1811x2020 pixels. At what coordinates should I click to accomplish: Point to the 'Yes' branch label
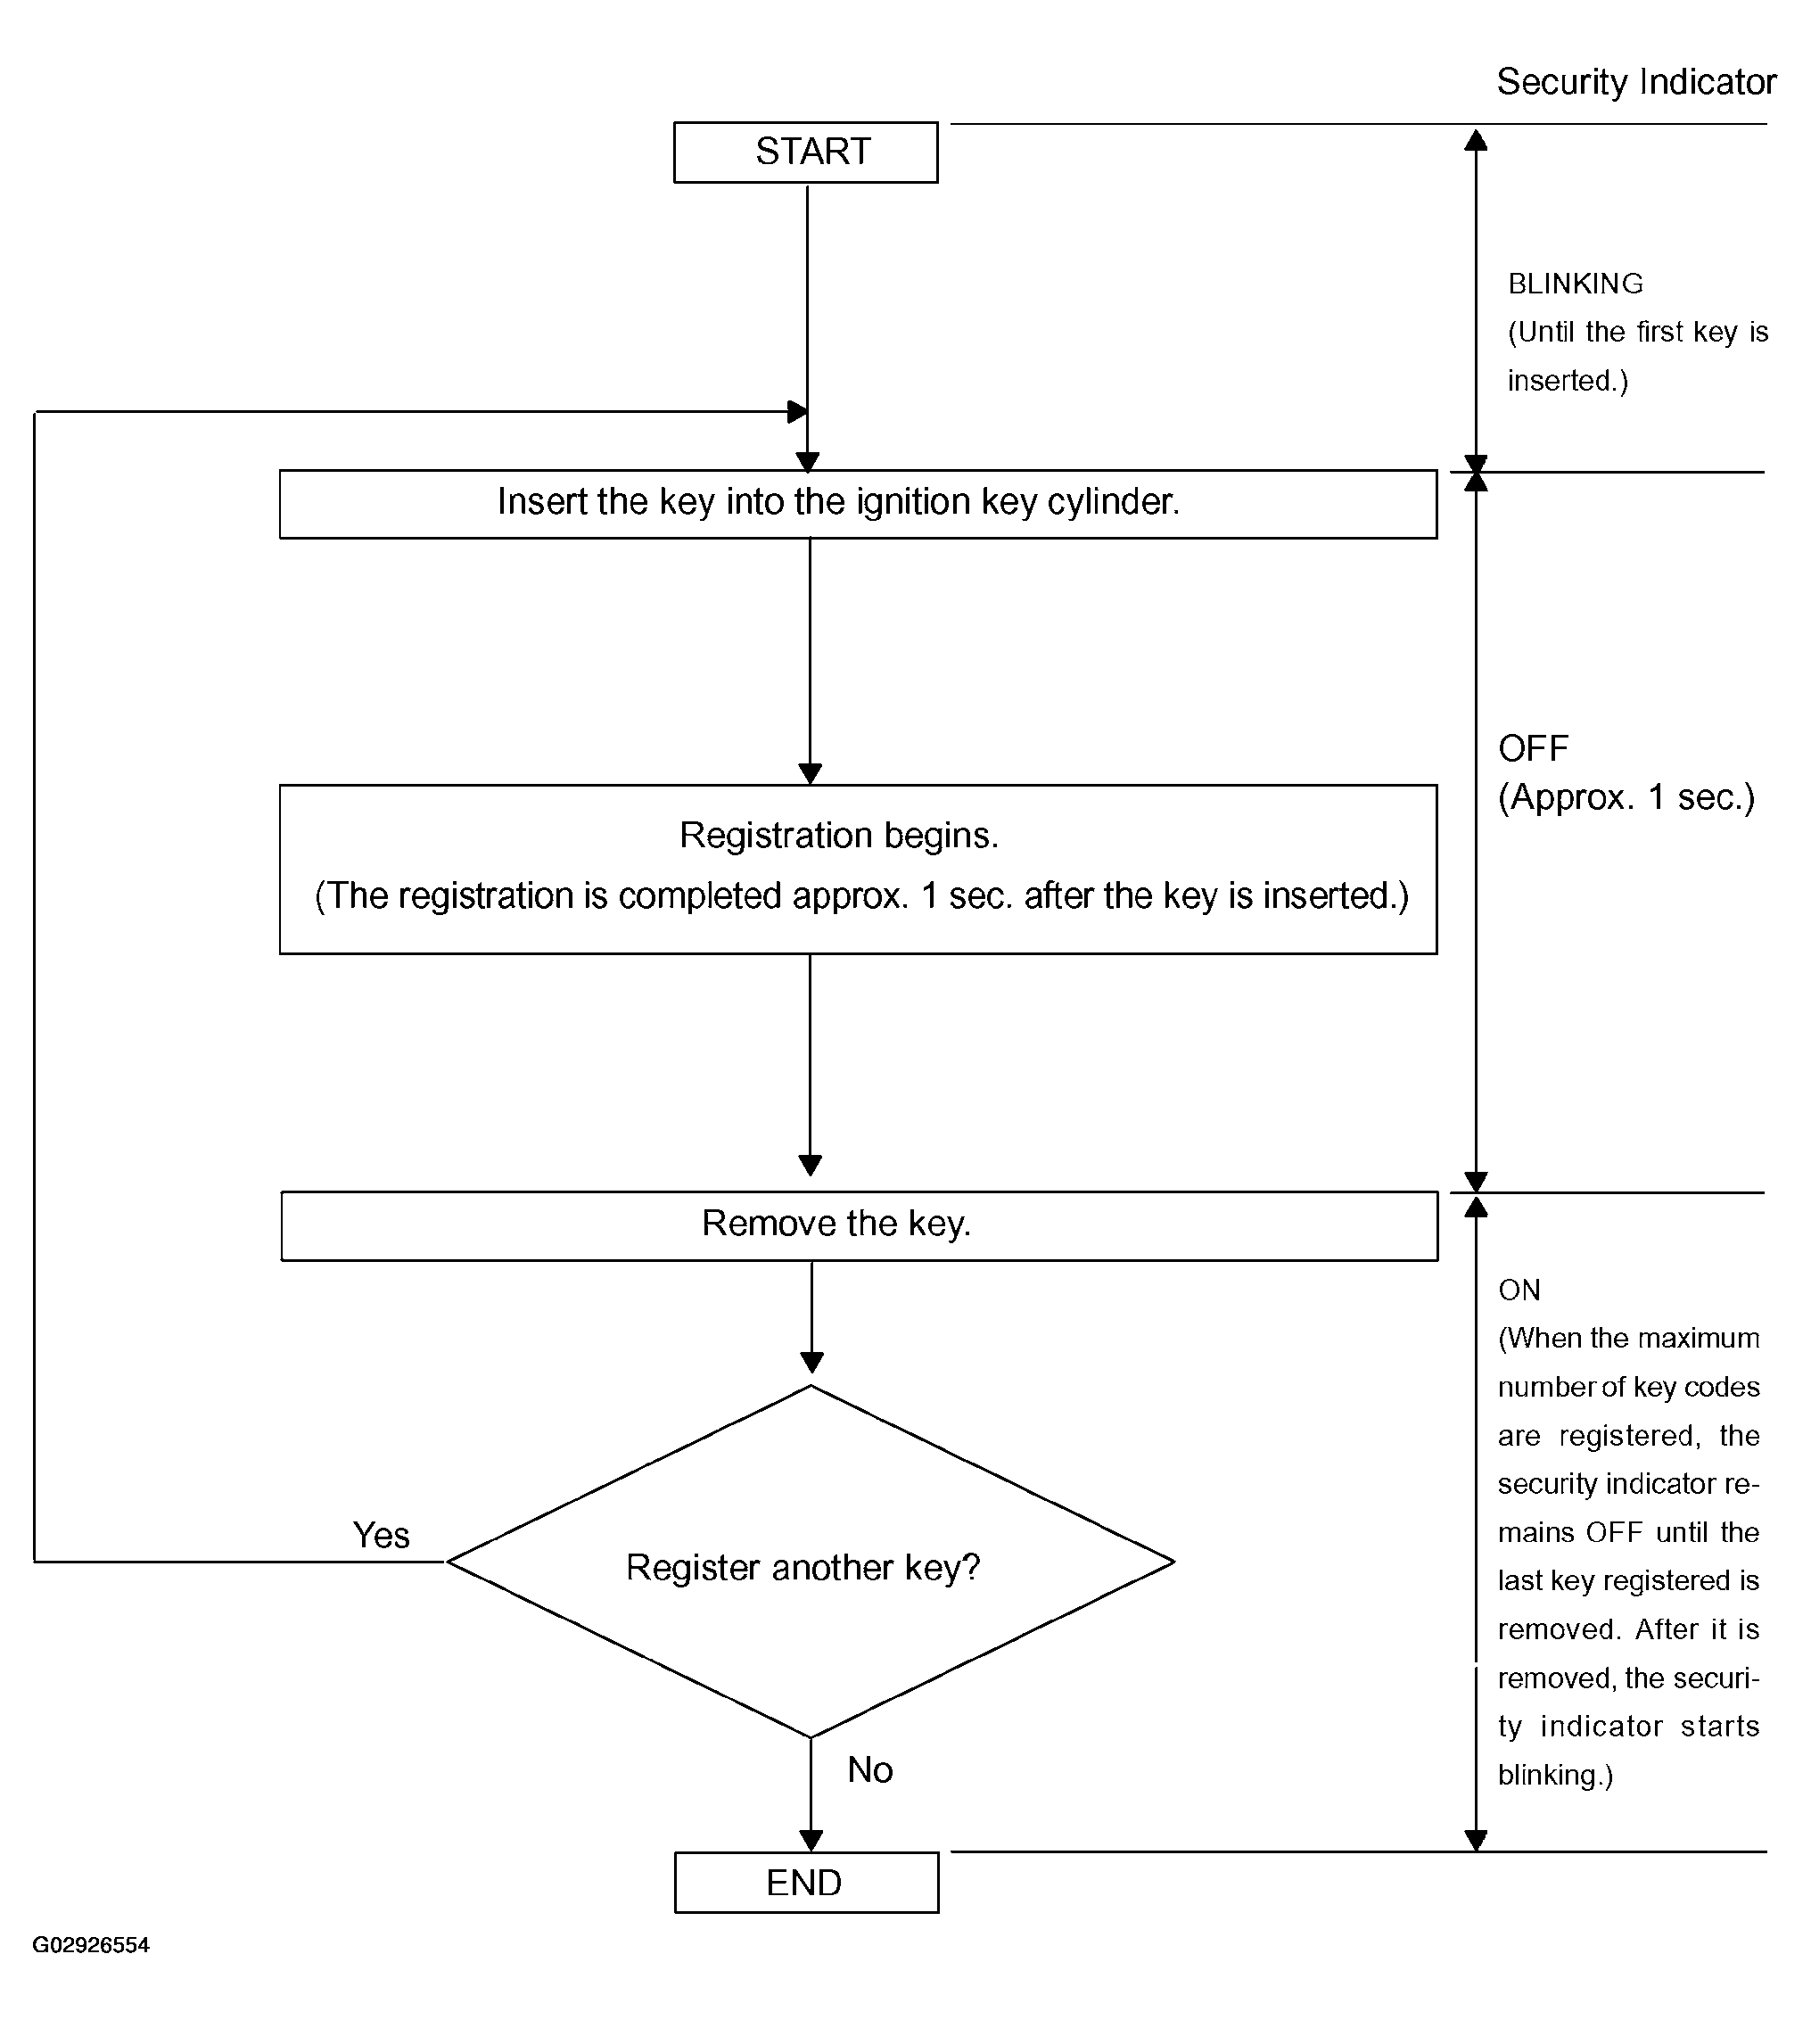(381, 1536)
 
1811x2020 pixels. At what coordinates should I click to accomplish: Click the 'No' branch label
(869, 1770)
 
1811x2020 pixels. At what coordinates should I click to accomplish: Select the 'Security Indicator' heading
(1636, 81)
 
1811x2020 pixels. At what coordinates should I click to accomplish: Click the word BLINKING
(1576, 284)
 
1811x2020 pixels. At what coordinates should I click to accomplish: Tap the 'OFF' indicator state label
(1534, 748)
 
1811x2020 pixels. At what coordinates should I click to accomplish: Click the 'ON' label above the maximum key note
(1519, 1290)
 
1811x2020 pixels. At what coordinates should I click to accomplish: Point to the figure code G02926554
(91, 1945)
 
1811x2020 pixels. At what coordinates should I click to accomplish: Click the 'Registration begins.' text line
(839, 835)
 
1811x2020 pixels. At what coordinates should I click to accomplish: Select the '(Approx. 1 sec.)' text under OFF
(1627, 797)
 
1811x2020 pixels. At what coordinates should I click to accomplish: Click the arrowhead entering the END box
(811, 1840)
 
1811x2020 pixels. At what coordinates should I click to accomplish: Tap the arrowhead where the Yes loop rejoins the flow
(797, 411)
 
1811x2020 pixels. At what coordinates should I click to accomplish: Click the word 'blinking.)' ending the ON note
(1555, 1776)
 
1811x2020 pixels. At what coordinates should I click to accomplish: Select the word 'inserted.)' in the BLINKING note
(1568, 381)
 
